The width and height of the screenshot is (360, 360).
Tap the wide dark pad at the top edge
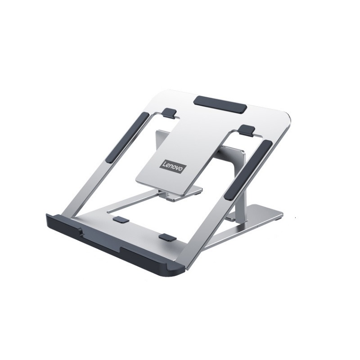[220, 104]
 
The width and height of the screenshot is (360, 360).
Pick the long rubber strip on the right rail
[248, 170]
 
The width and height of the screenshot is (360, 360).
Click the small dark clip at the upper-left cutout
[170, 113]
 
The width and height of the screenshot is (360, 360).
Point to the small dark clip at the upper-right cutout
[246, 130]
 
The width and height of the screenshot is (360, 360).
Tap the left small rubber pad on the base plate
[121, 220]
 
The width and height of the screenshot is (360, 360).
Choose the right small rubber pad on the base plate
[168, 238]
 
